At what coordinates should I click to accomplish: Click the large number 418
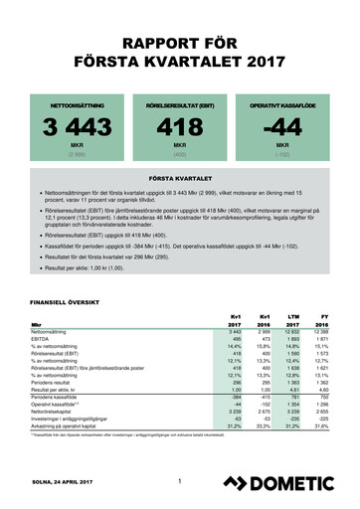tap(180, 128)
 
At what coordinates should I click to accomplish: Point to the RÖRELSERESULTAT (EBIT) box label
tap(180, 104)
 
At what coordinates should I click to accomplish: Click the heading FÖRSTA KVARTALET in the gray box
tap(180, 177)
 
